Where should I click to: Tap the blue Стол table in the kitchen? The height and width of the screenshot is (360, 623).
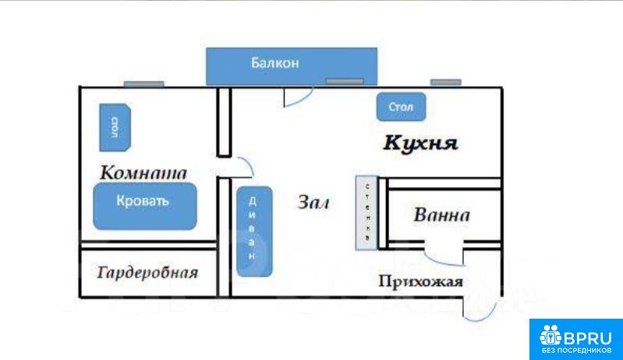pyautogui.click(x=401, y=107)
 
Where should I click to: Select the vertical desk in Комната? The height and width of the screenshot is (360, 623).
pyautogui.click(x=114, y=126)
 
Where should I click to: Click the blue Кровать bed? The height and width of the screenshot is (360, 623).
pyautogui.click(x=143, y=206)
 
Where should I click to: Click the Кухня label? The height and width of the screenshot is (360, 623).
pyautogui.click(x=419, y=143)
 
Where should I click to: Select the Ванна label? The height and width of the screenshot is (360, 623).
pyautogui.click(x=441, y=215)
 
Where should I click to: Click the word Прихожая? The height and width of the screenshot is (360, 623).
pyautogui.click(x=420, y=281)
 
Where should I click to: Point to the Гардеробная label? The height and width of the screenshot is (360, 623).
pyautogui.click(x=147, y=273)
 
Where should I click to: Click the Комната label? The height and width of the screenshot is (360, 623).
pyautogui.click(x=144, y=171)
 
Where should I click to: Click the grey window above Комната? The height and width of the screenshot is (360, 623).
pyautogui.click(x=143, y=83)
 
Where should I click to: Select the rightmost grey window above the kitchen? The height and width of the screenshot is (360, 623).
pyautogui.click(x=446, y=82)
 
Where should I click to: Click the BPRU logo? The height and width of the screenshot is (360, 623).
pyautogui.click(x=575, y=338)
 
